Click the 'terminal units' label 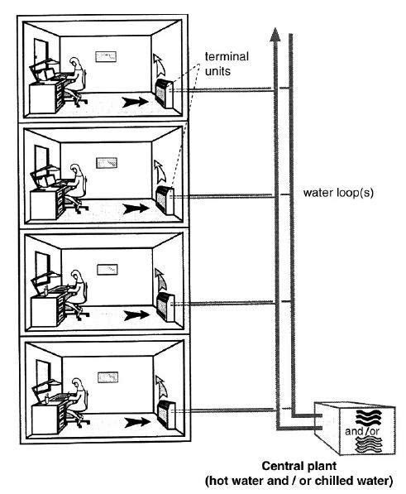pos(227,63)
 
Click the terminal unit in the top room pos(165,91)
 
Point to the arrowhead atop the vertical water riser pos(275,33)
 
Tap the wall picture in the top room pos(106,57)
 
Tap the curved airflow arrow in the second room pos(157,171)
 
